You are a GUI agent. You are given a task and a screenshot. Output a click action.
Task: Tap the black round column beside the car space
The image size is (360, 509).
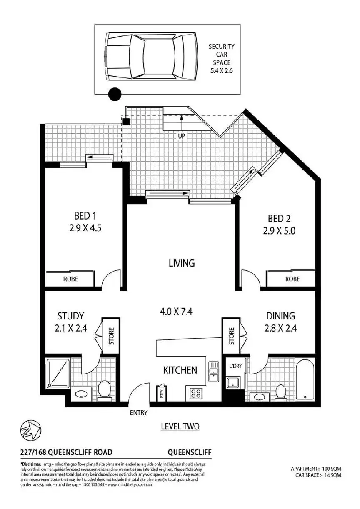coord(115,95)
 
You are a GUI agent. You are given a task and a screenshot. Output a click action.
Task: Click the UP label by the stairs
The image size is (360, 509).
coord(182,136)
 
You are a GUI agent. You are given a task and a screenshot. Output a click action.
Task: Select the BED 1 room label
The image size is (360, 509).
coord(85,216)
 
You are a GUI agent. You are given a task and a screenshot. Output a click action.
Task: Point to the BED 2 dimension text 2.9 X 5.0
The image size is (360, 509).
coord(279,231)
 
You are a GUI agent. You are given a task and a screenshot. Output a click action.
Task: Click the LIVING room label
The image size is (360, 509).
coord(182,263)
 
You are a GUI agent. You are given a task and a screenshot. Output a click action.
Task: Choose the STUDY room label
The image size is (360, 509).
coord(71,316)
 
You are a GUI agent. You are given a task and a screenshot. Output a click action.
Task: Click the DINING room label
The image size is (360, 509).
coord(280,316)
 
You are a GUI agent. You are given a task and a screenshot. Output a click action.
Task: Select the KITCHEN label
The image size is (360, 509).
coord(180,370)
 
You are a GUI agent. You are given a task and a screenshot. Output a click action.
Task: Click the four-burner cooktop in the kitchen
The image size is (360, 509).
coord(196,392)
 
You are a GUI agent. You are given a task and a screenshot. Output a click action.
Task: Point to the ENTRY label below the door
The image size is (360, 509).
coord(139,413)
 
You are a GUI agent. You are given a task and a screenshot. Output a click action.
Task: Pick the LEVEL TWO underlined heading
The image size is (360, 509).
coord(180,426)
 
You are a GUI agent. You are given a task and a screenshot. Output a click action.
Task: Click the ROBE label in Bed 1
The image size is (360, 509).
coord(70,279)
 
